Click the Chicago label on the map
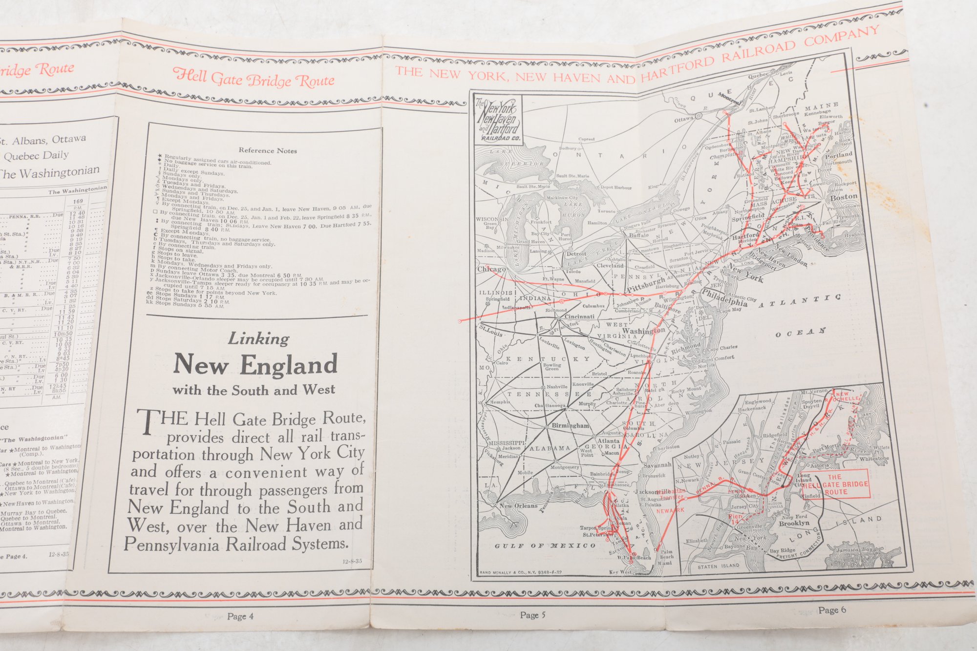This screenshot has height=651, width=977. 491,269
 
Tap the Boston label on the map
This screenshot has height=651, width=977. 844,197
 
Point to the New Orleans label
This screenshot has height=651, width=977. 518,505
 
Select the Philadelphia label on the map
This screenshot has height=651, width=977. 724,297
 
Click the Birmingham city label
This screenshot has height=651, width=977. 570,425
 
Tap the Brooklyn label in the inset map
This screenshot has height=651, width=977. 794,523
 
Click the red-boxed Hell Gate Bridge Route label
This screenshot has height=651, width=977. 835,484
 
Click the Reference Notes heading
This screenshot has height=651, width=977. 268,150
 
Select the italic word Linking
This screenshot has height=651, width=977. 259,338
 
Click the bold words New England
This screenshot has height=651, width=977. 255,364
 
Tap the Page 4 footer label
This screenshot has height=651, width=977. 240,616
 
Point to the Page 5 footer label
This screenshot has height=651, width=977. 532,615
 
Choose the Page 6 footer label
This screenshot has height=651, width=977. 832,609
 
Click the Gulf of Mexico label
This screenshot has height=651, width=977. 545,546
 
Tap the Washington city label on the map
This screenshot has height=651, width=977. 643,331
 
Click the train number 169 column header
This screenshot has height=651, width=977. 78,201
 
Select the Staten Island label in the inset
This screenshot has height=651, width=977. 718,566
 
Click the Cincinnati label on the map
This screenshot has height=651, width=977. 579,316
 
